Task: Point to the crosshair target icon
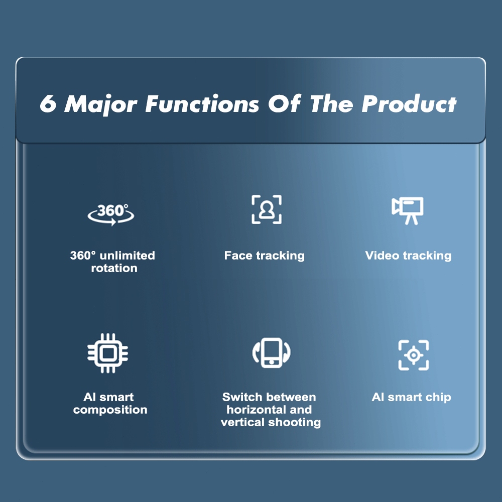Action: tap(413, 355)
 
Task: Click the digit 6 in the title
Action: tap(48, 103)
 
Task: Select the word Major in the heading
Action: tap(101, 104)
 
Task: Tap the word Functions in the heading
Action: tap(202, 104)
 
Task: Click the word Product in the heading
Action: tap(409, 104)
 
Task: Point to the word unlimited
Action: tap(127, 256)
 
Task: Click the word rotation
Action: tap(114, 268)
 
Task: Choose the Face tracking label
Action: tap(265, 256)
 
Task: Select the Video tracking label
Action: tap(408, 256)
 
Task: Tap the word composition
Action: tap(110, 410)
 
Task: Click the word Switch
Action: tap(242, 397)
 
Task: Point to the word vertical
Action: tap(243, 422)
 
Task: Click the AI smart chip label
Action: tap(412, 397)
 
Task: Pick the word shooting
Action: tap(295, 423)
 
